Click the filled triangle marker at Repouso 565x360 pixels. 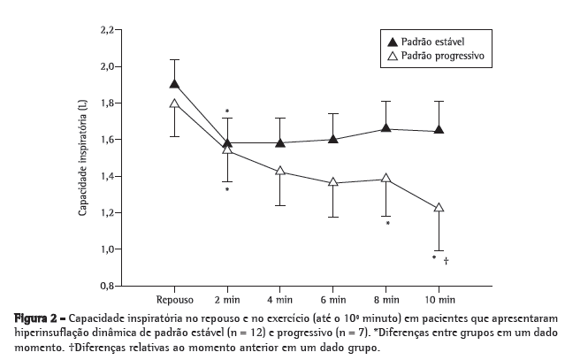click(x=175, y=84)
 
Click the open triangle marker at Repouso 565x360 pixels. click(x=175, y=103)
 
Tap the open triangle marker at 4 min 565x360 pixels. click(x=280, y=171)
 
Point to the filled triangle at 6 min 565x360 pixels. click(x=332, y=139)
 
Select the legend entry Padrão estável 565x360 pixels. click(x=427, y=41)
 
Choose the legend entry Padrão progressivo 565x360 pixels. click(x=437, y=56)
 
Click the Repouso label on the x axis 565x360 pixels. click(x=175, y=300)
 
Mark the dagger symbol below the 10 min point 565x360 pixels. click(x=447, y=261)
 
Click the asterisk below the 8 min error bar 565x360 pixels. click(x=388, y=224)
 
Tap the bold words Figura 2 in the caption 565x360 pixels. click(x=34, y=318)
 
